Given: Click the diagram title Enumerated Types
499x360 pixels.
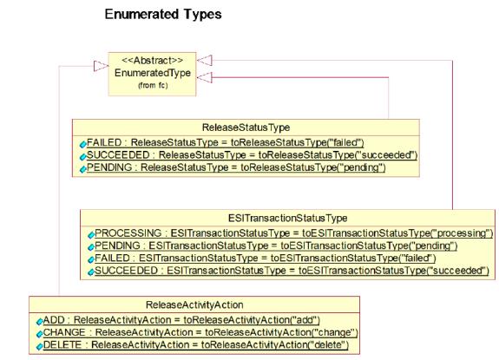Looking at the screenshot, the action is (x=163, y=15).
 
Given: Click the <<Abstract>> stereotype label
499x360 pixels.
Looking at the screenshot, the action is (x=153, y=61).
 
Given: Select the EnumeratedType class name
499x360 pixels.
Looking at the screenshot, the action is (x=153, y=73).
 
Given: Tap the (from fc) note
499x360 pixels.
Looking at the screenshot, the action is (x=153, y=85).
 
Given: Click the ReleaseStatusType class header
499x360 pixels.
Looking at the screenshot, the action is (x=246, y=128).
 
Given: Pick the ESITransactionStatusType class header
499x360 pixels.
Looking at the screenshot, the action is (x=288, y=218).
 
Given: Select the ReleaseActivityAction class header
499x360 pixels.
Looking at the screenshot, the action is (x=194, y=305).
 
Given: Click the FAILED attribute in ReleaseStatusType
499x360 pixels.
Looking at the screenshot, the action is (x=226, y=142).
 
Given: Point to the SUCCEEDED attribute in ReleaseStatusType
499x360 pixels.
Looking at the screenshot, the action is (x=252, y=155).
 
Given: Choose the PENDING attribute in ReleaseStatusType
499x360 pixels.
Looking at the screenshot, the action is (x=236, y=167).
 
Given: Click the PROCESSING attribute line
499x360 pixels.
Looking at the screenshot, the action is (x=293, y=233).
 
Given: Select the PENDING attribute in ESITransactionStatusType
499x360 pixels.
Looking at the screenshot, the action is (x=276, y=245).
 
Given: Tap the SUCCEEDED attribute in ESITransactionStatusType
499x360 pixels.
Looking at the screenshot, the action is (x=292, y=271).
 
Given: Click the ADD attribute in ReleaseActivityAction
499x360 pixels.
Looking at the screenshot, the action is (x=181, y=320).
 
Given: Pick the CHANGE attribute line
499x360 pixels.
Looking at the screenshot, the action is (x=200, y=332).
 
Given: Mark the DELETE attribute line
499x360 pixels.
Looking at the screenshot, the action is (x=196, y=345).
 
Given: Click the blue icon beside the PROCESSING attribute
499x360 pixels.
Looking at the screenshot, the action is (x=91, y=235).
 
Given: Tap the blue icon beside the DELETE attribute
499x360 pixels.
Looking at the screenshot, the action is (x=39, y=346).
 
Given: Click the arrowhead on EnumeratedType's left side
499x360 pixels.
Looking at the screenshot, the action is (x=102, y=66).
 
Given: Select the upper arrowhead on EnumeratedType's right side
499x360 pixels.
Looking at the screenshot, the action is (x=204, y=61).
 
